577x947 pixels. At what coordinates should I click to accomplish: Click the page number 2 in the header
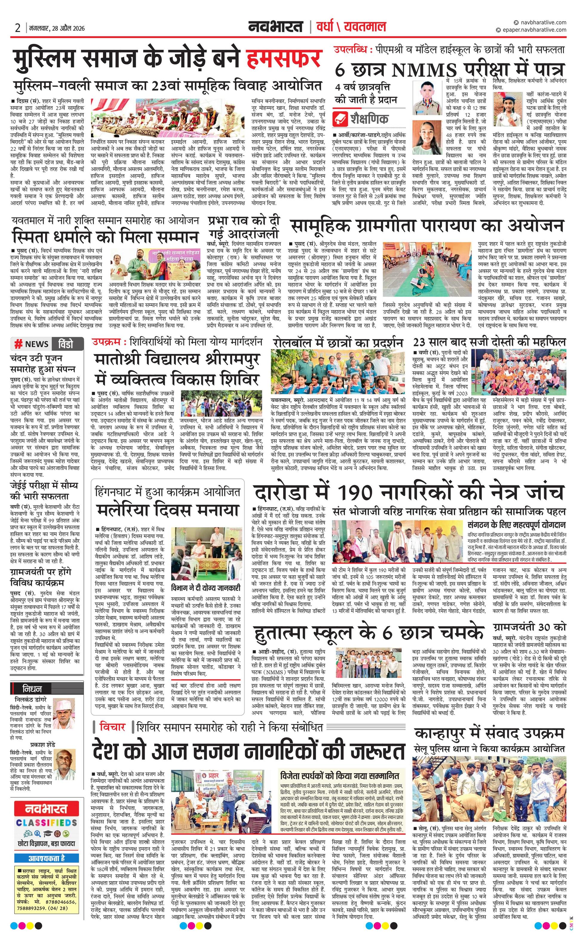click(17, 28)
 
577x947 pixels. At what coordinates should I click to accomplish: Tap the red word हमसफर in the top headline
click(283, 59)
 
